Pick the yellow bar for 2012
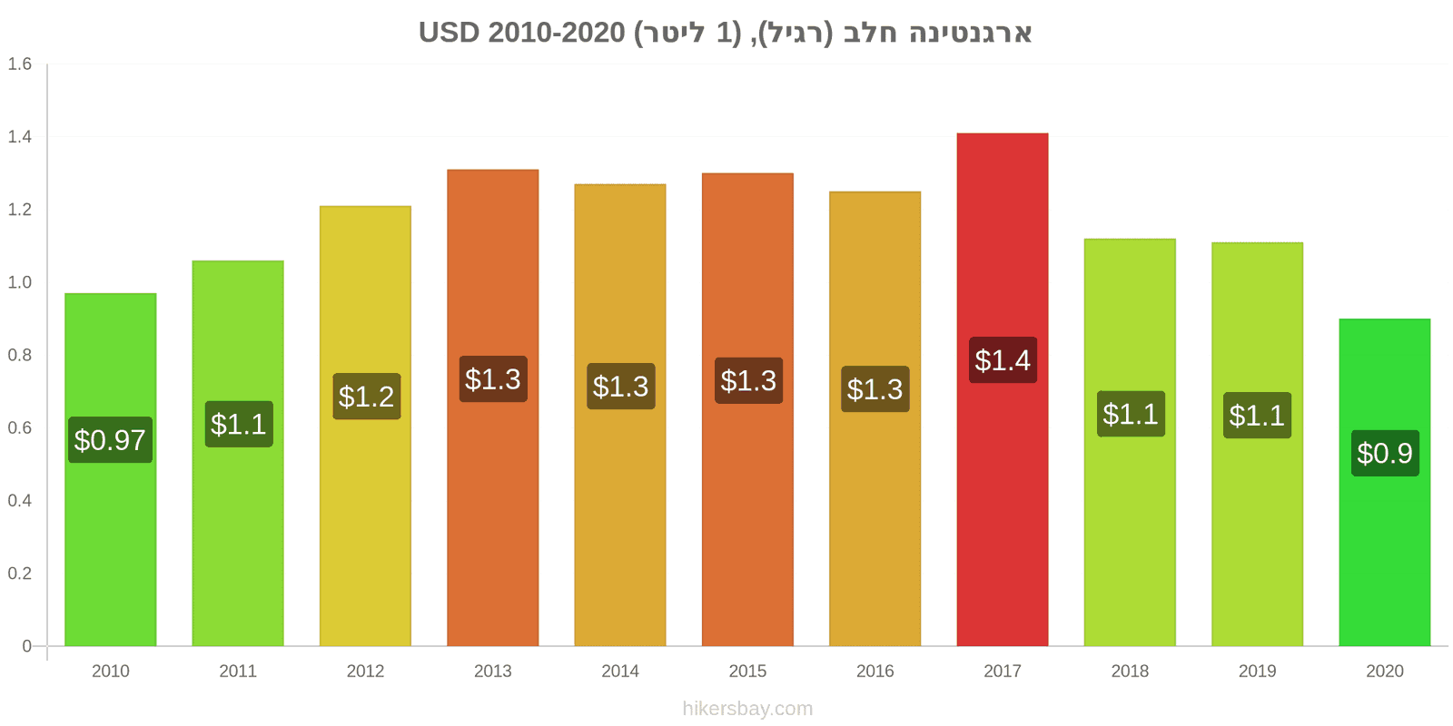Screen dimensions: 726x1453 [365, 508]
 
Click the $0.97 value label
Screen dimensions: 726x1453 [110, 440]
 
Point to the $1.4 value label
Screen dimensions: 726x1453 [1003, 360]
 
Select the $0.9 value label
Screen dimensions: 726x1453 [1385, 453]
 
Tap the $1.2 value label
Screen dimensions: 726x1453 [366, 397]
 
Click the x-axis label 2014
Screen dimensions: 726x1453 [620, 672]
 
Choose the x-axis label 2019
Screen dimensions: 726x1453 [1257, 672]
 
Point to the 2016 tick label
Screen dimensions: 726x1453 [875, 672]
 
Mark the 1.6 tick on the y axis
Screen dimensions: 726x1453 [20, 64]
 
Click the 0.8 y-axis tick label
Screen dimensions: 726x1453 [20, 355]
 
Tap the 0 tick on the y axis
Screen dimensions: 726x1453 [27, 646]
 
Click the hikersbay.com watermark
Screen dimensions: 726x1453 [747, 709]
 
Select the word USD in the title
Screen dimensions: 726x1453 [449, 33]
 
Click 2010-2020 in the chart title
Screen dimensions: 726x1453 [557, 33]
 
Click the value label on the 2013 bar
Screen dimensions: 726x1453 [493, 379]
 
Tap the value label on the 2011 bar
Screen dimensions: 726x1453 [239, 424]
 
